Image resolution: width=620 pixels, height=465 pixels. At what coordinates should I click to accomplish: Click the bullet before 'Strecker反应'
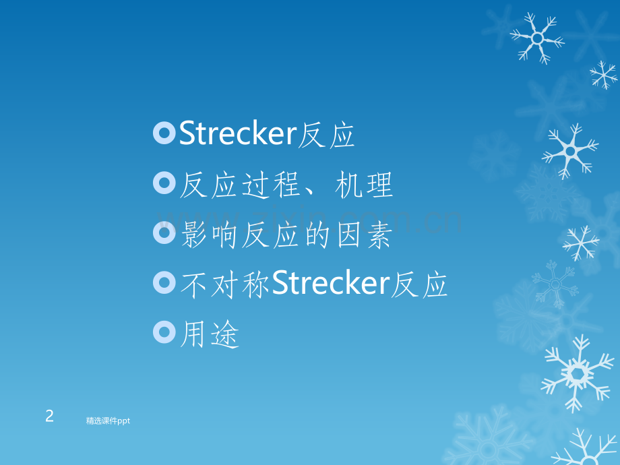164,134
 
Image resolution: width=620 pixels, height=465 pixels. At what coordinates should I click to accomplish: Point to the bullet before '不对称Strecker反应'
164,283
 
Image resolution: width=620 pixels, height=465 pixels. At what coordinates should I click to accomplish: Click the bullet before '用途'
164,332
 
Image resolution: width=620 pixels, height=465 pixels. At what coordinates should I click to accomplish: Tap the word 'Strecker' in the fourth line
330,284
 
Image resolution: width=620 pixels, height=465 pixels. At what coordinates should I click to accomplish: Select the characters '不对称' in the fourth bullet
225,285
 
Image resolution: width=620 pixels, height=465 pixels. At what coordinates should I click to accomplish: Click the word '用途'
210,334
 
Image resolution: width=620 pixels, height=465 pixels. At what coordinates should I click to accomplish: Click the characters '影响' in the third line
209,235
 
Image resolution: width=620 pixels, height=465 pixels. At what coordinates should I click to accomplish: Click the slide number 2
49,416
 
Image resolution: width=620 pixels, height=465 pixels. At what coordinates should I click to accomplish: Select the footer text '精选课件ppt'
108,421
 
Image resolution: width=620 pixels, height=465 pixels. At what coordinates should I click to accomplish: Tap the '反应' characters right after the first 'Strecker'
326,135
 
